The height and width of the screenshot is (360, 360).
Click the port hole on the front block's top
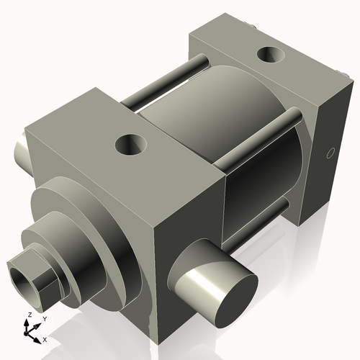tap(132, 145)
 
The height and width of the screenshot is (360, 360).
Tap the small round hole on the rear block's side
tap(330, 153)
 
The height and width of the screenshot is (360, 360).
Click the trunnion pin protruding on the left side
tap(22, 150)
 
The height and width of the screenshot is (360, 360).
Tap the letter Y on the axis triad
tap(44, 318)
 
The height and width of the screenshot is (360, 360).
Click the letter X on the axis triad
tap(45, 338)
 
